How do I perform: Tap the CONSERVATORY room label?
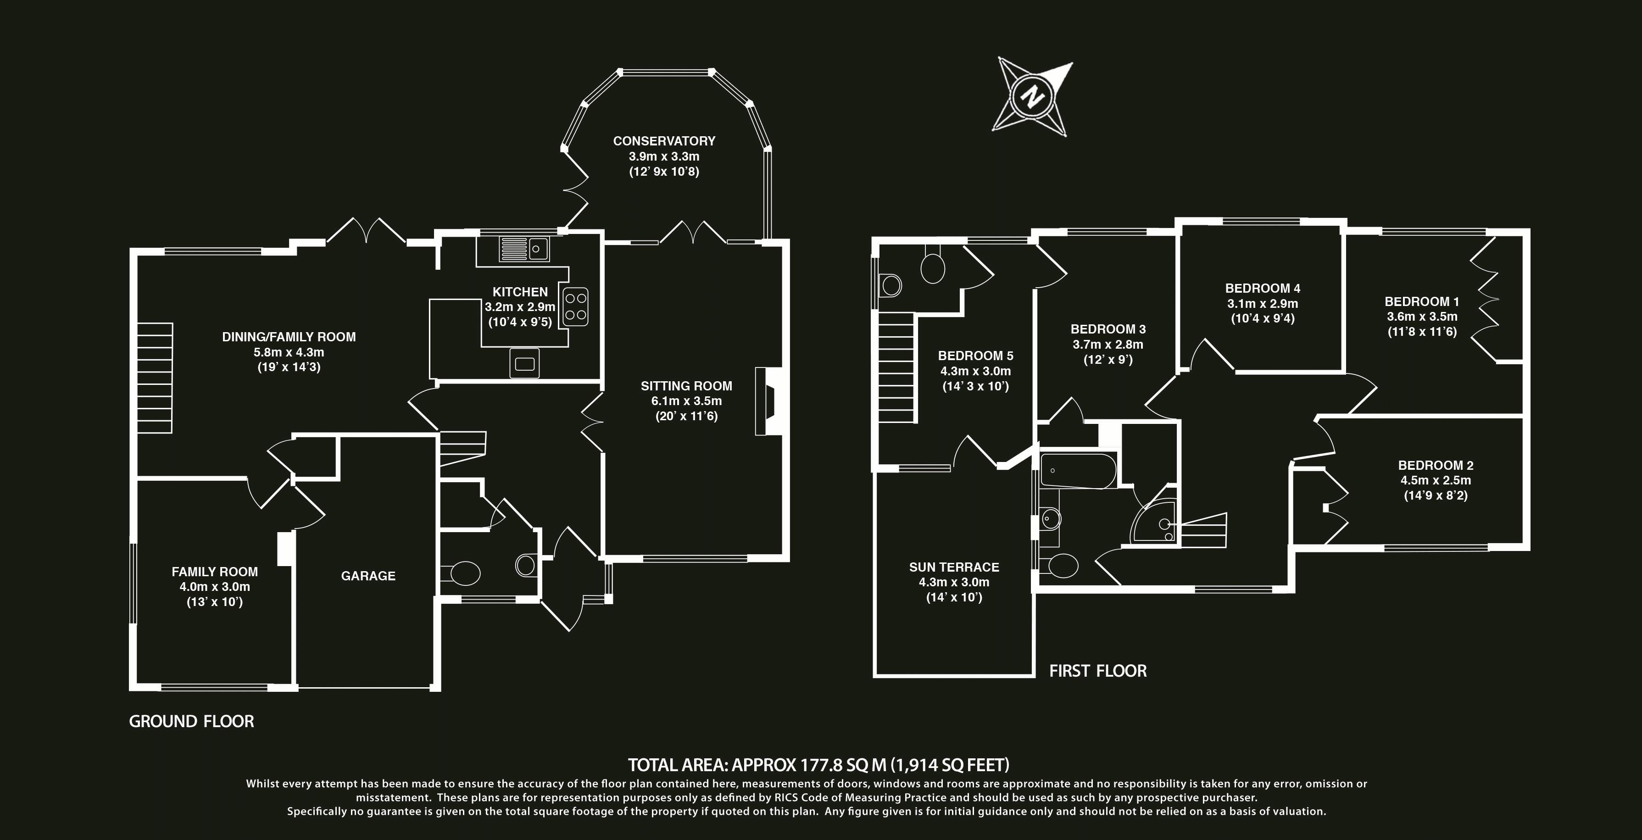(x=663, y=141)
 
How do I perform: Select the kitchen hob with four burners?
(x=575, y=306)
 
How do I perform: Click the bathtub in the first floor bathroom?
(x=1077, y=471)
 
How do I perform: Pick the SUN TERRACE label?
(x=953, y=567)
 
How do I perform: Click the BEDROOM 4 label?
(x=1262, y=288)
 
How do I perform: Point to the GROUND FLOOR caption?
(x=191, y=722)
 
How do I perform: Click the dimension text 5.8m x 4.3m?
(x=289, y=352)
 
